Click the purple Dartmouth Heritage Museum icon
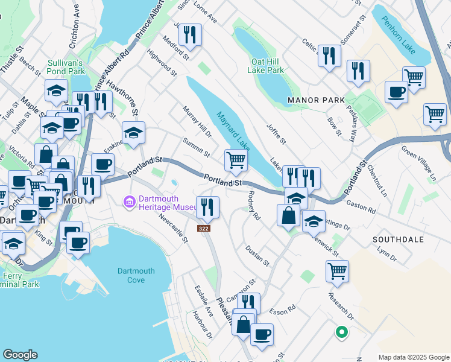tap(128, 200)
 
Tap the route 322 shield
tap(203, 228)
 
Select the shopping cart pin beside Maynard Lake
tap(236, 160)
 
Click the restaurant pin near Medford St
tap(190, 34)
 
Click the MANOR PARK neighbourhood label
tap(316, 100)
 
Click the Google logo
tap(20, 355)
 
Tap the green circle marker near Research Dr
tap(341, 331)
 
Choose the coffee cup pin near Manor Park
tap(396, 92)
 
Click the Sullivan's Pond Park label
tap(66, 66)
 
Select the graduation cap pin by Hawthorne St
tap(133, 132)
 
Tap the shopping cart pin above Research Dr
tap(337, 270)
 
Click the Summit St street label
tap(197, 147)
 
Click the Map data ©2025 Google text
tap(413, 357)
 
